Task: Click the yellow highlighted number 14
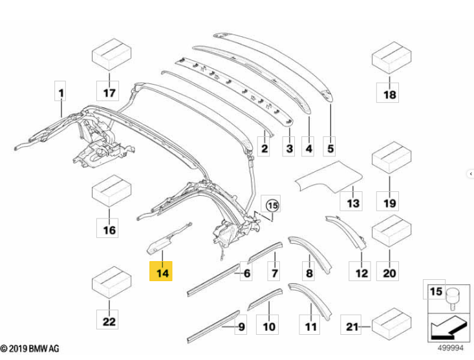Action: point(161,271)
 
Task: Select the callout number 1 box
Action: point(60,91)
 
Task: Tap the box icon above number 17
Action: point(111,55)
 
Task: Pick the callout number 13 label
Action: point(351,201)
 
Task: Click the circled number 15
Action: point(273,206)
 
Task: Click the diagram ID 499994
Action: point(451,348)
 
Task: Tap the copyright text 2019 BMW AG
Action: point(30,348)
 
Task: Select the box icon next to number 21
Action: point(391,324)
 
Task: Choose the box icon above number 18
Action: point(391,58)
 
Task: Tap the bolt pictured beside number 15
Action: point(453,299)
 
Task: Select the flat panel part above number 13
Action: point(329,177)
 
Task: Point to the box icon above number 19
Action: point(391,158)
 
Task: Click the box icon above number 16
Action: point(111,191)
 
